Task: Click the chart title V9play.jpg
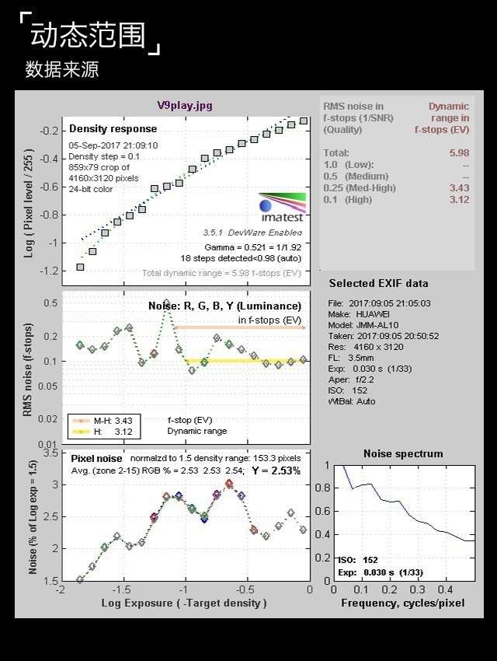[184, 105]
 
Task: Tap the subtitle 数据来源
[61, 69]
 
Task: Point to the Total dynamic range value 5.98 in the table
[459, 153]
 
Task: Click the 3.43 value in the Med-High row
[459, 188]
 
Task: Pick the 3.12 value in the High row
[459, 200]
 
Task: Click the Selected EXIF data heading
[378, 283]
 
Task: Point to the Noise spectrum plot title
[403, 453]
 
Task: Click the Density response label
[113, 128]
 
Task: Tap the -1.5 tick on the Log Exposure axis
[121, 590]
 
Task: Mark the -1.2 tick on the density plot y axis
[49, 271]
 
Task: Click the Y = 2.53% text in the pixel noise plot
[276, 470]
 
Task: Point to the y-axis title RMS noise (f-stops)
[27, 369]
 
